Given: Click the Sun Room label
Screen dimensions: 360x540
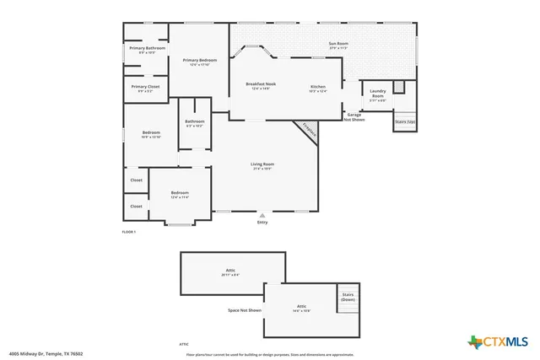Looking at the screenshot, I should pos(338,46).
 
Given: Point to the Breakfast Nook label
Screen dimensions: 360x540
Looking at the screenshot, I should pos(261,86).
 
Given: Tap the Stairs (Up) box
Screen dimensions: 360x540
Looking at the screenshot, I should pos(405,121).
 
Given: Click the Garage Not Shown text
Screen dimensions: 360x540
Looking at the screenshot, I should pos(354,117).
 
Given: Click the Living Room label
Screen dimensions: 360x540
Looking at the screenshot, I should pos(262,165).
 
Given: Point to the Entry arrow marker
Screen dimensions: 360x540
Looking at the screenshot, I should pos(262,216).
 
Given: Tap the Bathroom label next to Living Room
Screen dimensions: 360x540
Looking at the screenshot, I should pos(194,123).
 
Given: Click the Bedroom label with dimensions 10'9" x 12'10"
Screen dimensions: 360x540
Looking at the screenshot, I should pos(152,134).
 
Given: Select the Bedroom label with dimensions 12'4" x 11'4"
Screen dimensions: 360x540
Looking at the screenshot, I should pos(180,194).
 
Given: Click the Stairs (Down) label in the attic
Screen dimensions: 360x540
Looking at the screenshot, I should pos(348,298).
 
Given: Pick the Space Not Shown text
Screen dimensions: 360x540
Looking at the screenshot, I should pos(245,310).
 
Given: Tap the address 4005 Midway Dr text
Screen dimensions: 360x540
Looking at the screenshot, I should pos(46,354).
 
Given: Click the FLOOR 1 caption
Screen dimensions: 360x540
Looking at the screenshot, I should pos(129,231).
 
